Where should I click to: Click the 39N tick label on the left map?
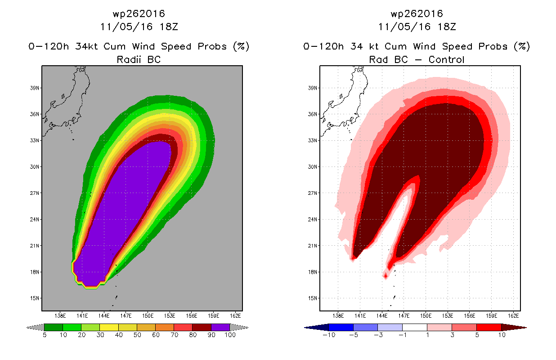tap(35, 88)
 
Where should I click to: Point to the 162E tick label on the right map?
tap(513, 316)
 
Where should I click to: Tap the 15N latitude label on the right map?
tap(313, 298)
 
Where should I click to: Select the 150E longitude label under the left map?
tap(148, 316)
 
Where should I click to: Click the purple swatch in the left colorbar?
tap(220, 327)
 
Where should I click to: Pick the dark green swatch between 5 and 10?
tap(54, 327)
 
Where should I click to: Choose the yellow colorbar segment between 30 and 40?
tap(109, 327)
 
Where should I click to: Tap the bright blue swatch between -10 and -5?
tap(341, 327)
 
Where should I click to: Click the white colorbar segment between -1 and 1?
tap(415, 327)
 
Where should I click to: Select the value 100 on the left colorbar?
tap(230, 335)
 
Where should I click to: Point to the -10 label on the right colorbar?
tap(329, 335)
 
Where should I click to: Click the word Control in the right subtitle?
tap(446, 59)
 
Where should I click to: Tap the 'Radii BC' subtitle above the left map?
tap(139, 59)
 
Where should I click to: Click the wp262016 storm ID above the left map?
tap(139, 14)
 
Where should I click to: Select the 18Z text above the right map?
tap(447, 27)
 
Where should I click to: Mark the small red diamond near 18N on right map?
tap(386, 275)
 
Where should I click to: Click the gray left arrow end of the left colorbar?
tap(35, 328)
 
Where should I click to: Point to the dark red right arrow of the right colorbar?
tap(514, 328)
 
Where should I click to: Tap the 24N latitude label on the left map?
tap(35, 220)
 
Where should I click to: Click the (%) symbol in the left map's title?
tap(241, 46)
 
